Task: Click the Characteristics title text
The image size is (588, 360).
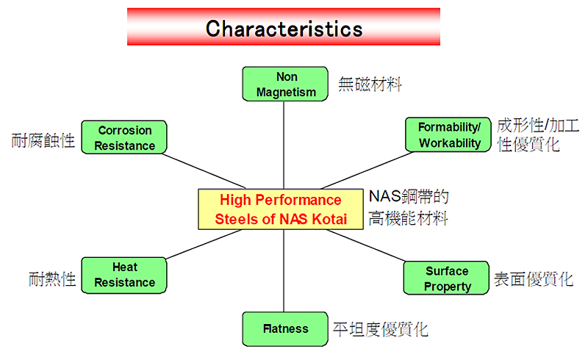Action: tap(284, 29)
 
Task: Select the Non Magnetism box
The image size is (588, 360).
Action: tap(285, 84)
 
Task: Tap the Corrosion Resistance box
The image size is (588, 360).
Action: tap(124, 137)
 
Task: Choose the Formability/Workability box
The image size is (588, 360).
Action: tap(448, 134)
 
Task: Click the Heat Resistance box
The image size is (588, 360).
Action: tap(124, 275)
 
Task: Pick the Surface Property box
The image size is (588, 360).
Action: tap(446, 278)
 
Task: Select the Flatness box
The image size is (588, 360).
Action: tap(285, 329)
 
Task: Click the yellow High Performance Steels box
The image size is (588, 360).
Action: tap(281, 209)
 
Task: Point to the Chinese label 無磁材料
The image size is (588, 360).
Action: tap(370, 84)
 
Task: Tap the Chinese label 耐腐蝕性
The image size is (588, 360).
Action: tap(43, 140)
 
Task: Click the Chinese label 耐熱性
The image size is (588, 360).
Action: tap(52, 279)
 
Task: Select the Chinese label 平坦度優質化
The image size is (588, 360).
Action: tap(380, 329)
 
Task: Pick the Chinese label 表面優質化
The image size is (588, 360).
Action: tap(534, 279)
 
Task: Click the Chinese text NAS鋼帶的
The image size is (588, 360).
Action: tap(409, 196)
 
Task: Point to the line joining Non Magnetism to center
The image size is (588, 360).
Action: tap(284, 145)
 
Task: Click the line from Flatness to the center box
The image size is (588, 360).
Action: tap(284, 270)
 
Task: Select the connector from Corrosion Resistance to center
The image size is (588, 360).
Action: tap(204, 171)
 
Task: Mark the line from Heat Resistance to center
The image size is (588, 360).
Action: tap(204, 244)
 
